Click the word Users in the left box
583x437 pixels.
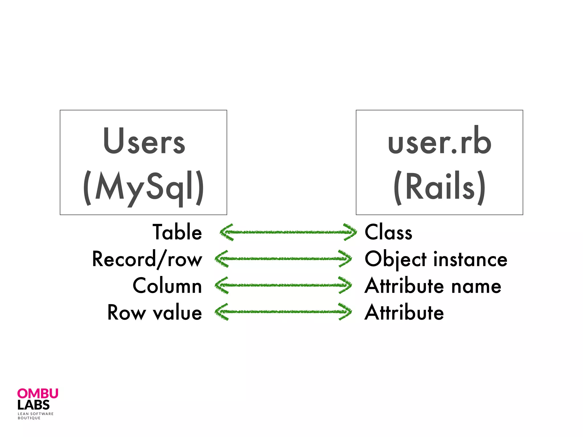[x=144, y=142]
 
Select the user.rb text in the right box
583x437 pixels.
[x=439, y=142]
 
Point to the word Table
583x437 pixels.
[x=177, y=232]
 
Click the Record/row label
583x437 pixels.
[x=147, y=259]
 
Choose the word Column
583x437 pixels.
[x=167, y=286]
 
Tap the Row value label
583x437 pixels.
[x=155, y=312]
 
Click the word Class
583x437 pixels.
[x=388, y=232]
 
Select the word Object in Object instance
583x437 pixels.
[x=395, y=259]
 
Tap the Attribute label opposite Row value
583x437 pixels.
[x=404, y=312]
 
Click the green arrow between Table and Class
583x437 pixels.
[x=288, y=232]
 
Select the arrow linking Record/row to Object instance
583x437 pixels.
[x=283, y=259]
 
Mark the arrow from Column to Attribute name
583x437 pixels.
[x=283, y=285]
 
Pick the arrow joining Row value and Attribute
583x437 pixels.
[x=283, y=312]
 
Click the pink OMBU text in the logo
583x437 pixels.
[x=38, y=394]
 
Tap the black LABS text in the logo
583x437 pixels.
[x=33, y=405]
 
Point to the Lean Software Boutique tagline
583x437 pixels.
[x=35, y=416]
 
